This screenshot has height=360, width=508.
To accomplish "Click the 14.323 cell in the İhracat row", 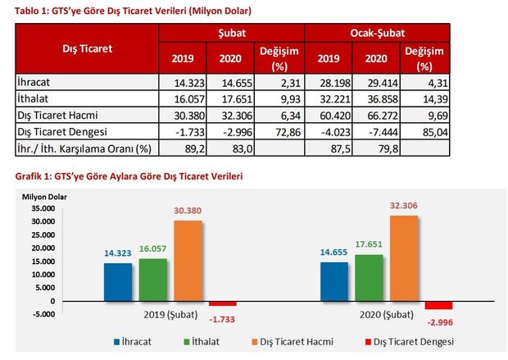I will pos(184,83).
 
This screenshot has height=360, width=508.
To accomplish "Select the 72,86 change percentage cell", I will pos(279,131).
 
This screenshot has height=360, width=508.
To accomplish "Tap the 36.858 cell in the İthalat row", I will pos(376,99).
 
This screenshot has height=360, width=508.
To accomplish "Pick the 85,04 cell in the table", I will pos(424,131).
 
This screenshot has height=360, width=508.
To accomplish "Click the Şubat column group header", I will pos(232,31).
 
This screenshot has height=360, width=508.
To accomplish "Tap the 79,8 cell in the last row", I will pos(376,148).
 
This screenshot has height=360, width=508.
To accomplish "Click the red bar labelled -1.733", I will pos(221,304).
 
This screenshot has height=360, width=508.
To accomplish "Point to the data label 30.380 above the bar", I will pos(187,209).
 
